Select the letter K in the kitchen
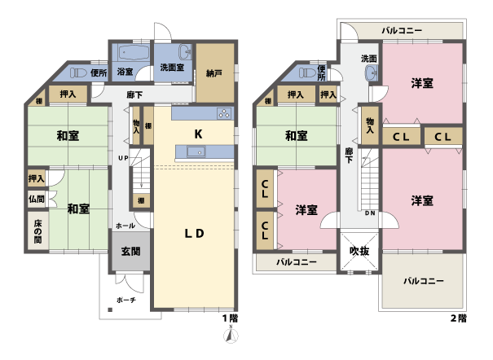tap(198, 134)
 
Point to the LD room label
tap(192, 234)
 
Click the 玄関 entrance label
tap(130, 252)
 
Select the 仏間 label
tap(36, 199)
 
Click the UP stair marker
tap(122, 157)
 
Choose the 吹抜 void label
tap(359, 251)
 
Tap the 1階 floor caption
tap(231, 318)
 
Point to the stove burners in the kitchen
tap(224, 113)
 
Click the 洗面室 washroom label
tap(171, 68)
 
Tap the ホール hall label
tap(125, 225)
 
